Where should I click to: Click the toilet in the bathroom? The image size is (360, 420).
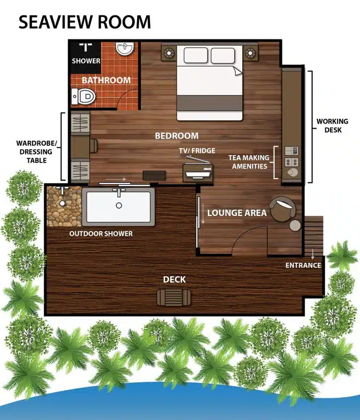tap(84, 96)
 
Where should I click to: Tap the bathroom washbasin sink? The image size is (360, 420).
tap(124, 49)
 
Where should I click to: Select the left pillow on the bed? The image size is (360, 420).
tap(196, 55)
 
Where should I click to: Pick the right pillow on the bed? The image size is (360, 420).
tap(223, 55)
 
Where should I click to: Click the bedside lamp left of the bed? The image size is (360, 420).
tap(169, 53)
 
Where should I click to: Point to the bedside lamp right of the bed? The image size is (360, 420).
tap(250, 53)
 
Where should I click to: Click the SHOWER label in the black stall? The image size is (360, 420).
tap(86, 61)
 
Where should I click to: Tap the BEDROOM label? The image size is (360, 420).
tap(177, 135)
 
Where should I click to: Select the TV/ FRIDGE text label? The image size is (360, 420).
tap(197, 150)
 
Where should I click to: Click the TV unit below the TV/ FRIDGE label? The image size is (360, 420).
tap(198, 173)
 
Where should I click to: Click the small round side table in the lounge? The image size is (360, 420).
tap(295, 225)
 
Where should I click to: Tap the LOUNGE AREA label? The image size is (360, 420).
tap(237, 213)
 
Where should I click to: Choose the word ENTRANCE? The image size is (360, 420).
tap(303, 265)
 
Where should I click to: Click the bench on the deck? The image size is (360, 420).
tap(174, 297)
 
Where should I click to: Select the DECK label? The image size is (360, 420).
tap(174, 279)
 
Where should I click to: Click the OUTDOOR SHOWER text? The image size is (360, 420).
tap(101, 233)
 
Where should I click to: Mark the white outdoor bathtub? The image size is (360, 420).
tap(118, 207)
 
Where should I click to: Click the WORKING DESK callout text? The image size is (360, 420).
tap(332, 125)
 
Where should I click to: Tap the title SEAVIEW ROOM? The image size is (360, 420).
tap(85, 22)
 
